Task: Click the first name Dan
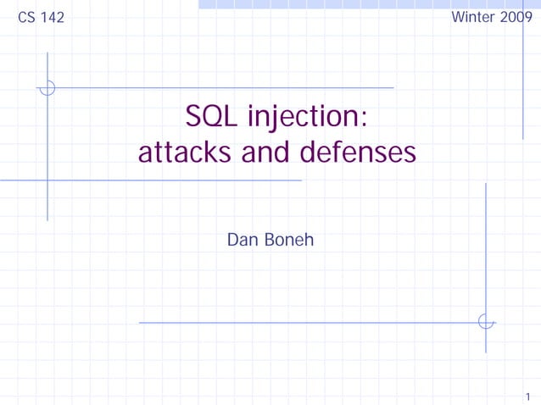[x=243, y=240]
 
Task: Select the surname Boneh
[x=288, y=240]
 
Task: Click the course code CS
[x=27, y=18]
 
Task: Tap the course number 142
[x=52, y=18]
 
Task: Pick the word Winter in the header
[x=472, y=17]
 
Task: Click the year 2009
[x=516, y=17]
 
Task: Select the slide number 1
[x=527, y=395]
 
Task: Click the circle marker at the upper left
[x=47, y=87]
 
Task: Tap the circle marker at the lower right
[x=486, y=322]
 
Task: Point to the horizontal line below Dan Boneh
[x=305, y=322]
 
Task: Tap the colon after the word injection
[x=364, y=119]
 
